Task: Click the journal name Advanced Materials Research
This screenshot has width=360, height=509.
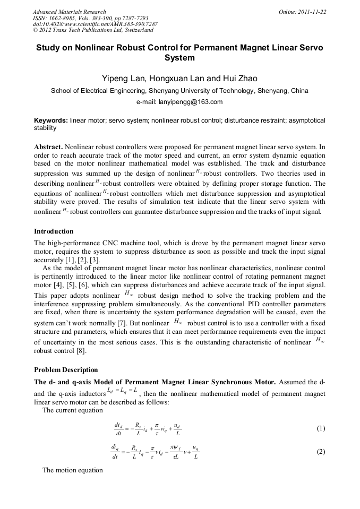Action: pyautogui.click(x=70, y=12)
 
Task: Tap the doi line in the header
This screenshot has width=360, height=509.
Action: pyautogui.click(x=95, y=24)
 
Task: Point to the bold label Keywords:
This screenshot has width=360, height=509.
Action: pyautogui.click(x=51, y=121)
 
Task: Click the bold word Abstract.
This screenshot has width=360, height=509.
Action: pyautogui.click(x=48, y=146)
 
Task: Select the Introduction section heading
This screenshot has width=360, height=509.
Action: pyautogui.click(x=54, y=231)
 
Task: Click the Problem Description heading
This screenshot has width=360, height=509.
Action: pyautogui.click(x=66, y=370)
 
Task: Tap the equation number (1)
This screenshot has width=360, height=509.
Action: pyautogui.click(x=320, y=428)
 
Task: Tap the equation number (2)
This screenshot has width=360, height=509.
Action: pyautogui.click(x=320, y=452)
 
